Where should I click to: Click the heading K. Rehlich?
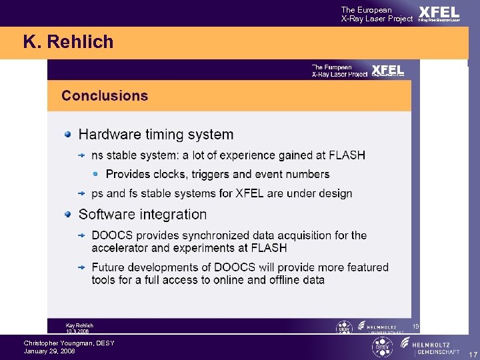[68, 43]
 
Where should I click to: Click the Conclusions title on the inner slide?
[105, 95]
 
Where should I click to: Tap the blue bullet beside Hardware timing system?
[67, 135]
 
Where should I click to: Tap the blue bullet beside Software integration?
[67, 214]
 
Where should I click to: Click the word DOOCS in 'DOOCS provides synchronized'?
[112, 235]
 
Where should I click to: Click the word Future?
[110, 267]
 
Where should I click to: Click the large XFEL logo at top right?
[439, 13]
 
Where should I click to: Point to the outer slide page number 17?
[472, 355]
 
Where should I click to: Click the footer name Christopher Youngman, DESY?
[69, 343]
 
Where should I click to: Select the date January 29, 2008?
[49, 351]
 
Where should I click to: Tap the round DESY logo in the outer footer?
[382, 347]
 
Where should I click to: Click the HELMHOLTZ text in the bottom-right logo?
[436, 343]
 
